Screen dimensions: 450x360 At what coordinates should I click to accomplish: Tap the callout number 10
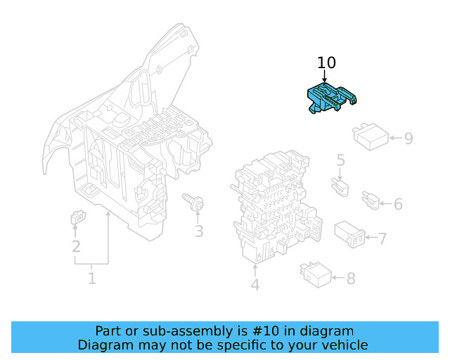pyautogui.click(x=326, y=63)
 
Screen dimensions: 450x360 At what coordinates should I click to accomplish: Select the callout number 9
pyautogui.click(x=408, y=138)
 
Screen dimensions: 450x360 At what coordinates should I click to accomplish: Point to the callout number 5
pyautogui.click(x=340, y=161)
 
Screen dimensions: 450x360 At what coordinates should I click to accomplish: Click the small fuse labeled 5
pyautogui.click(x=340, y=186)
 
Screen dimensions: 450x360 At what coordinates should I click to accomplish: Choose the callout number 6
pyautogui.click(x=398, y=204)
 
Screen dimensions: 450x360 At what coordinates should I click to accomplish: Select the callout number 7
pyautogui.click(x=382, y=239)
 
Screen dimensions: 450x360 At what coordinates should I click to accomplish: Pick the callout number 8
pyautogui.click(x=350, y=278)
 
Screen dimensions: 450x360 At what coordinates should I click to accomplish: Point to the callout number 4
pyautogui.click(x=255, y=285)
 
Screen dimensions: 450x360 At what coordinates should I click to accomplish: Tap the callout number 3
pyautogui.click(x=199, y=231)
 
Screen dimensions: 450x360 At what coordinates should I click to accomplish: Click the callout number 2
pyautogui.click(x=76, y=246)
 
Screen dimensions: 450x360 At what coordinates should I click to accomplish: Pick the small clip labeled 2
pyautogui.click(x=76, y=219)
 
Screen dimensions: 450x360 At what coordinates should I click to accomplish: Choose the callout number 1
pyautogui.click(x=91, y=279)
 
